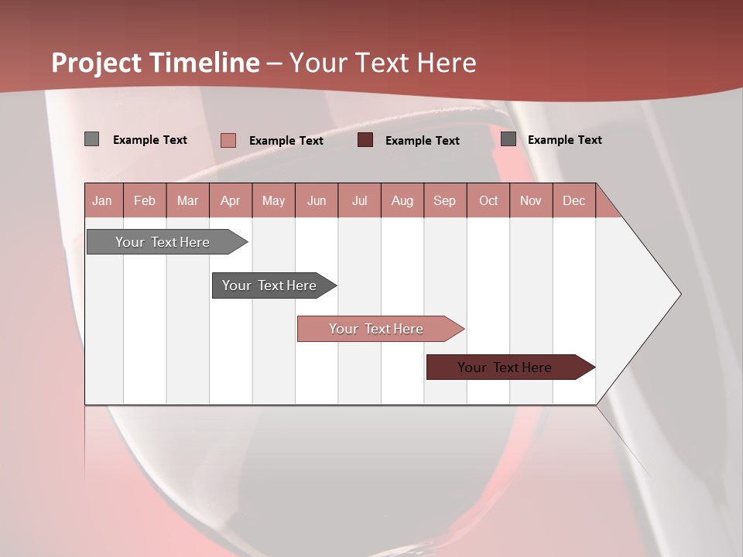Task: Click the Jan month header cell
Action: [x=102, y=200]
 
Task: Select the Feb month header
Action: [x=145, y=200]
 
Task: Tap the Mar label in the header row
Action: [x=187, y=200]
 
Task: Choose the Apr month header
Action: [x=230, y=200]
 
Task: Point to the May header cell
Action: [x=273, y=200]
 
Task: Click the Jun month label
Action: [x=317, y=200]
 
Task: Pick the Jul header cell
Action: [x=359, y=200]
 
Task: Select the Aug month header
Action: [x=402, y=200]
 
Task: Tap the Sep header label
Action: [x=444, y=200]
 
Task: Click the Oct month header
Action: [x=488, y=200]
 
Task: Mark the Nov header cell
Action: [x=531, y=200]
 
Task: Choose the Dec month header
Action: [x=574, y=200]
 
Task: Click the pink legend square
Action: [x=228, y=140]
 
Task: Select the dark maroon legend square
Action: [x=365, y=140]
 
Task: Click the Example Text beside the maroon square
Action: [x=422, y=141]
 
